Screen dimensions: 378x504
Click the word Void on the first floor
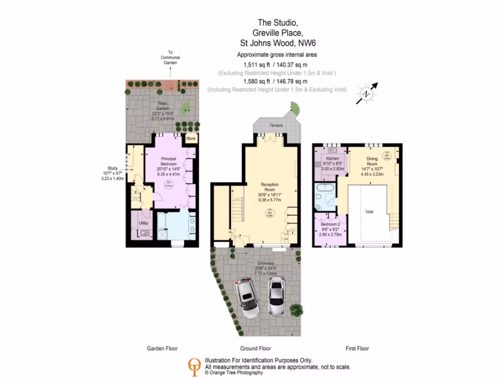(x=369, y=212)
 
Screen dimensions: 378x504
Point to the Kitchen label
(x=333, y=158)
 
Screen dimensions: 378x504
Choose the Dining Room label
(x=372, y=159)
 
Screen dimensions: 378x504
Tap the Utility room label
(x=143, y=223)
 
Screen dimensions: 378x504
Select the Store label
(x=190, y=139)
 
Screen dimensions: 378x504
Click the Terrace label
(x=276, y=126)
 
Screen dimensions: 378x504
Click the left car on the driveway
(x=247, y=297)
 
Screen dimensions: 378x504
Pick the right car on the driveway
(x=277, y=295)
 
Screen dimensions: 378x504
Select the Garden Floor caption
(x=162, y=348)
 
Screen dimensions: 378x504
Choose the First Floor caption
(x=357, y=348)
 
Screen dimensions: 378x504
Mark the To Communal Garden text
(x=170, y=58)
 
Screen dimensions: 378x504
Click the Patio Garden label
(x=163, y=105)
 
